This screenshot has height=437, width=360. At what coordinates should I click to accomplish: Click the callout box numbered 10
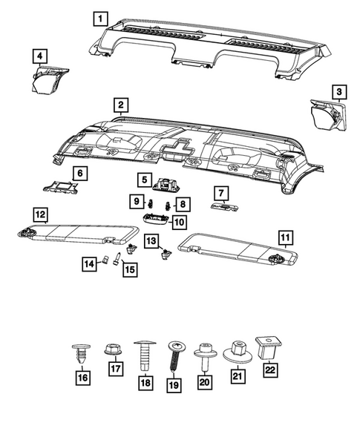click(178, 221)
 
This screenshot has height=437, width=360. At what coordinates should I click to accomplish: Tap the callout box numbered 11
click(284, 237)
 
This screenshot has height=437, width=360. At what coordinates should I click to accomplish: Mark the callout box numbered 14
click(88, 263)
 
